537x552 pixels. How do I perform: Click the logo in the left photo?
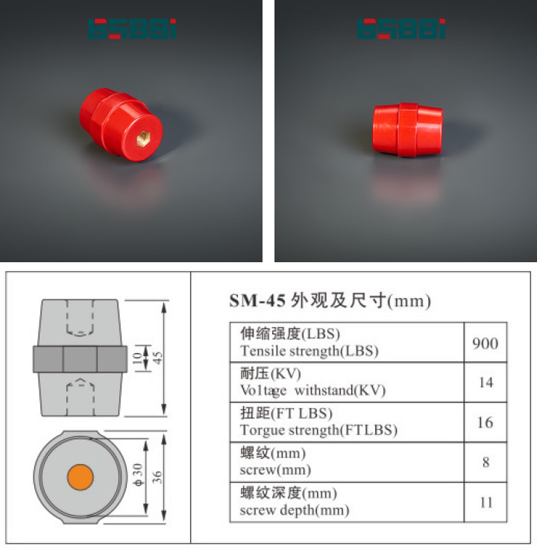132,29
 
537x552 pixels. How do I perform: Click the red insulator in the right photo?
406,130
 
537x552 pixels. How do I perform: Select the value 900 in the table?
486,343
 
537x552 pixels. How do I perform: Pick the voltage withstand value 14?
486,382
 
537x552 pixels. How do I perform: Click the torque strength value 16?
486,422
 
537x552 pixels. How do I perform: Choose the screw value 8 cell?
486,462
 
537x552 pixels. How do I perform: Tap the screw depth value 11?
486,502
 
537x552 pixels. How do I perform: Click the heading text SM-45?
254,302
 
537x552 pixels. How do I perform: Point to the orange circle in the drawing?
80,476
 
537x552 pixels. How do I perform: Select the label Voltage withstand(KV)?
313,390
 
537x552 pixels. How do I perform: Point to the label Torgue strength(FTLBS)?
318,431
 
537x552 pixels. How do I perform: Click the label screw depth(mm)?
295,510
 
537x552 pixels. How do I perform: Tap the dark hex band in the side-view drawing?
80,359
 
